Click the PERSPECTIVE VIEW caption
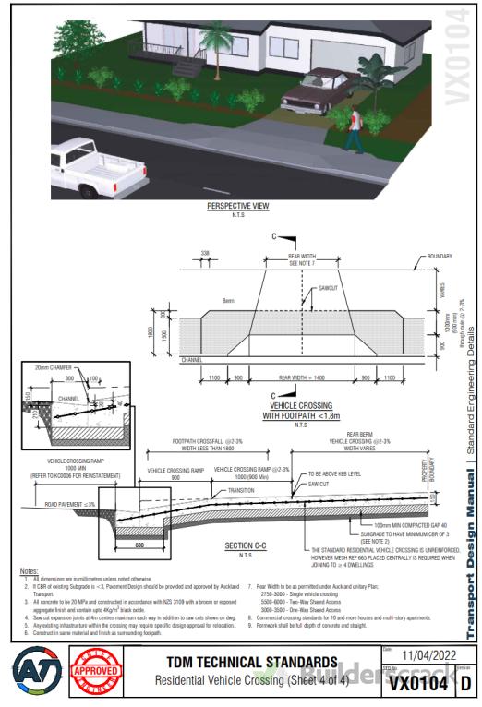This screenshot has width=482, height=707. pos(237,207)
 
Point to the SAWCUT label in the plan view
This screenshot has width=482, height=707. pos(330,289)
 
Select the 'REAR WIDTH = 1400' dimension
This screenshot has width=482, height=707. pos(302,378)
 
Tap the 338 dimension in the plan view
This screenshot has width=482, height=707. pos(204,251)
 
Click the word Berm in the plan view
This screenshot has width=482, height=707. pos(228,301)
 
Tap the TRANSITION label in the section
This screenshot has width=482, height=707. pos(241,491)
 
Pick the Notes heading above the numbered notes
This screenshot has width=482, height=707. pos(29,572)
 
